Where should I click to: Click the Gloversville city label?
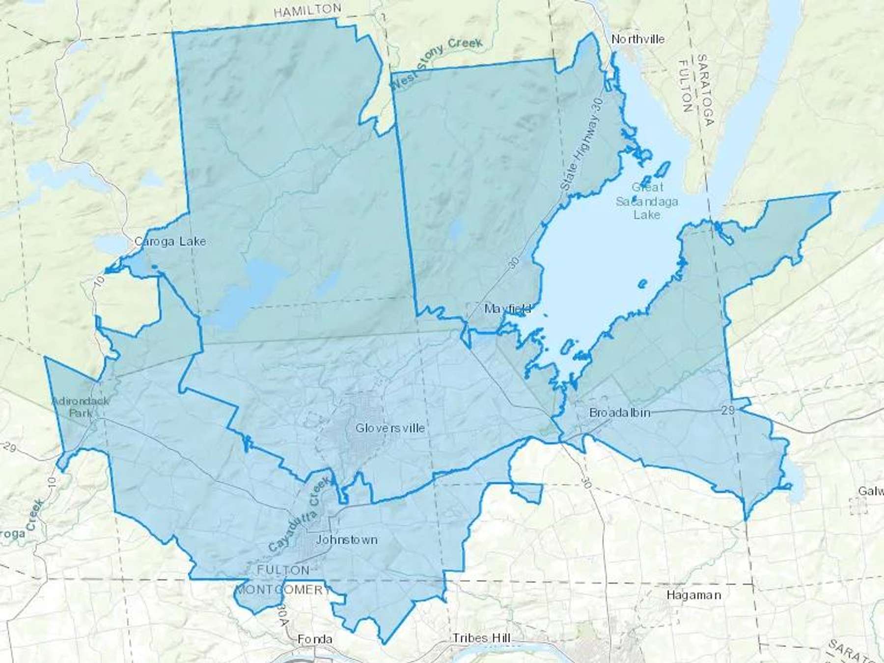click(x=390, y=428)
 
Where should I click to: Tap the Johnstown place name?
click(x=346, y=540)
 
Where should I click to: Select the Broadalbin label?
click(x=620, y=413)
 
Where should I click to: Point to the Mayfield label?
click(x=507, y=309)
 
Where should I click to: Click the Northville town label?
click(x=638, y=39)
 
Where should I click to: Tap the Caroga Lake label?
click(x=170, y=242)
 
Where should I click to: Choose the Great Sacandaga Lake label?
click(x=647, y=201)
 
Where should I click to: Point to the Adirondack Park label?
click(x=80, y=407)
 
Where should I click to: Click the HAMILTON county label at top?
click(x=307, y=10)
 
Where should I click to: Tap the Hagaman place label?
click(x=693, y=595)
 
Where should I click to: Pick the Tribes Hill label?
click(x=481, y=638)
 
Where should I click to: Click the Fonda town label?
click(x=315, y=639)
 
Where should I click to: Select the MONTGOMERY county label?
click(x=283, y=589)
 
